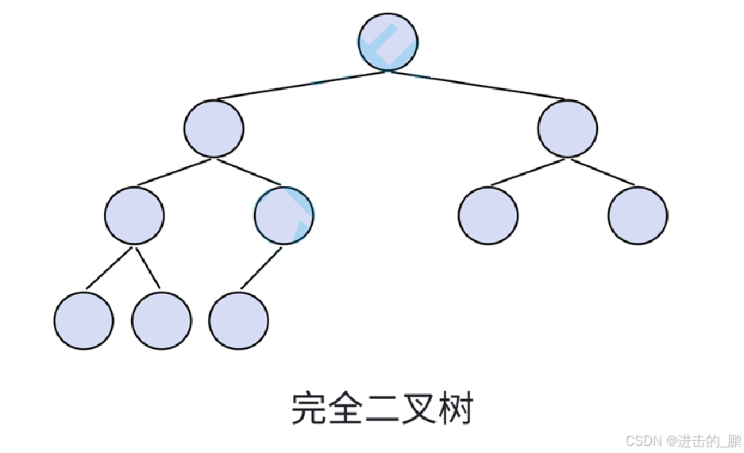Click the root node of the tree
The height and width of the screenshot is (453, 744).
(388, 41)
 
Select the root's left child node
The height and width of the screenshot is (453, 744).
(214, 128)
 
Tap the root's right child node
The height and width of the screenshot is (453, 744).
(567, 128)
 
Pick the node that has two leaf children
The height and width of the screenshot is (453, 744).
(134, 215)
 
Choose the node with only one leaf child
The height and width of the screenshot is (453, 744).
(284, 215)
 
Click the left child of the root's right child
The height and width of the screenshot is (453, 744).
(488, 215)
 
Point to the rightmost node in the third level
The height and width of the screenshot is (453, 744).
(638, 215)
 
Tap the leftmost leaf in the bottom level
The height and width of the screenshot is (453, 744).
(83, 321)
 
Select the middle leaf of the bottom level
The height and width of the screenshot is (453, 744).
(161, 321)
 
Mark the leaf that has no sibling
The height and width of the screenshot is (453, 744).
(238, 321)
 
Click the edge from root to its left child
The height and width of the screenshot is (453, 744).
(302, 85)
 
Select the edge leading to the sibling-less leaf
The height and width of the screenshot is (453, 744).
(261, 269)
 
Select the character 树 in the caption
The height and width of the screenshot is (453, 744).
(456, 409)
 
